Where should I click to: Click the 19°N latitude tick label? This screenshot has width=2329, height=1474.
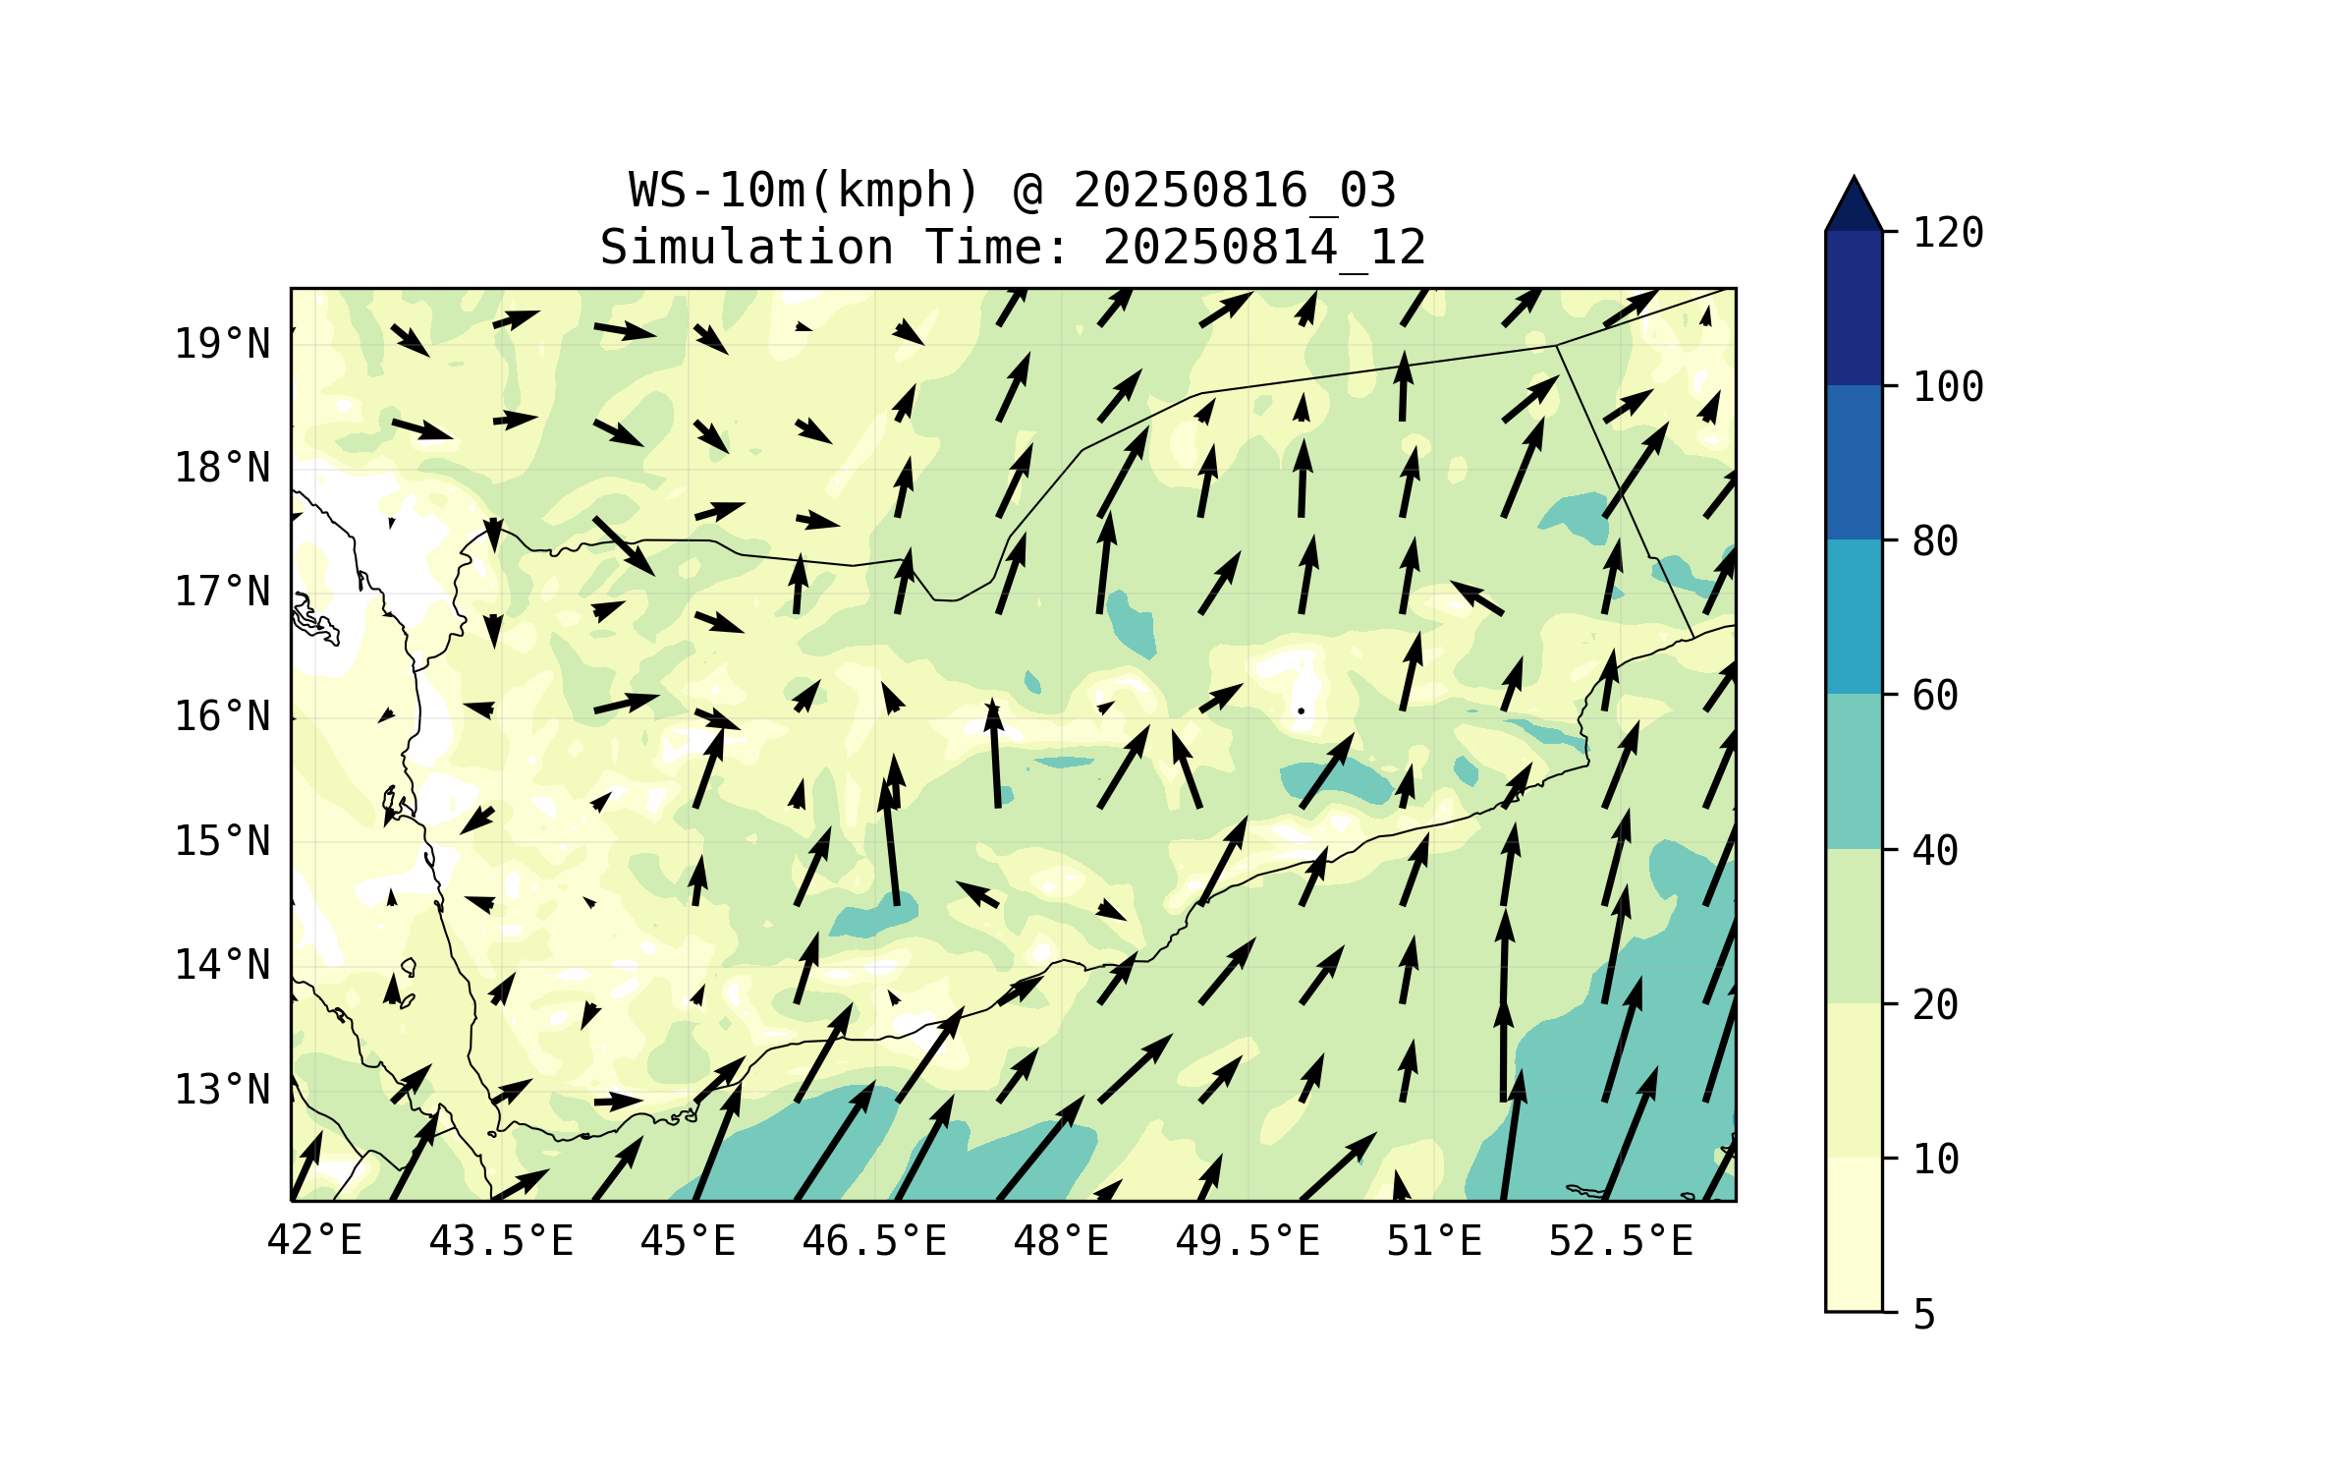pos(222,344)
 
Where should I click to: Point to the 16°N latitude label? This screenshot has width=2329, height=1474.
pos(222,716)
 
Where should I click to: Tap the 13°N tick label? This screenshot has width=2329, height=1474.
pos(222,1090)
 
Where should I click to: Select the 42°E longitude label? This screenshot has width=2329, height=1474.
pos(314,1241)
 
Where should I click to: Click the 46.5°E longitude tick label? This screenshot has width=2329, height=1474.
pos(874,1241)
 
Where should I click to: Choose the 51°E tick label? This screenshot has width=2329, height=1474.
pos(1434,1241)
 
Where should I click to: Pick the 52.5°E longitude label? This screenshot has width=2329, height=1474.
pos(1621,1241)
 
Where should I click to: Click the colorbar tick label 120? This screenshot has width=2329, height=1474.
pos(1948,233)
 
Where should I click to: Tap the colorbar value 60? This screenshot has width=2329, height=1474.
pos(1935,696)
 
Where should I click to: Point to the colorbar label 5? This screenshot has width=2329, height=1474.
pos(1924,1315)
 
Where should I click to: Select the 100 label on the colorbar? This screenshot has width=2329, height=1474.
pos(1948,387)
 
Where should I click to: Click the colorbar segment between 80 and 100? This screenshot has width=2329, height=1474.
pos(1854,462)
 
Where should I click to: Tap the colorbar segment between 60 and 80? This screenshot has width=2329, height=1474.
pos(1854,616)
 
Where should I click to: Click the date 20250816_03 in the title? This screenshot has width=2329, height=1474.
pos(1234,191)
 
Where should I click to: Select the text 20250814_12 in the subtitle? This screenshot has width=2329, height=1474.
pos(1264,248)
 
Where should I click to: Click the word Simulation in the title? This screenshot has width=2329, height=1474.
pos(747,248)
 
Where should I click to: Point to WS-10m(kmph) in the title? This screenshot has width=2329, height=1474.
pos(804,191)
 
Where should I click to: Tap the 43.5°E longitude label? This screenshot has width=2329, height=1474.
pos(501,1241)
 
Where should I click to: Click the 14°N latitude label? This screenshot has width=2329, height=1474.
pos(222,965)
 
